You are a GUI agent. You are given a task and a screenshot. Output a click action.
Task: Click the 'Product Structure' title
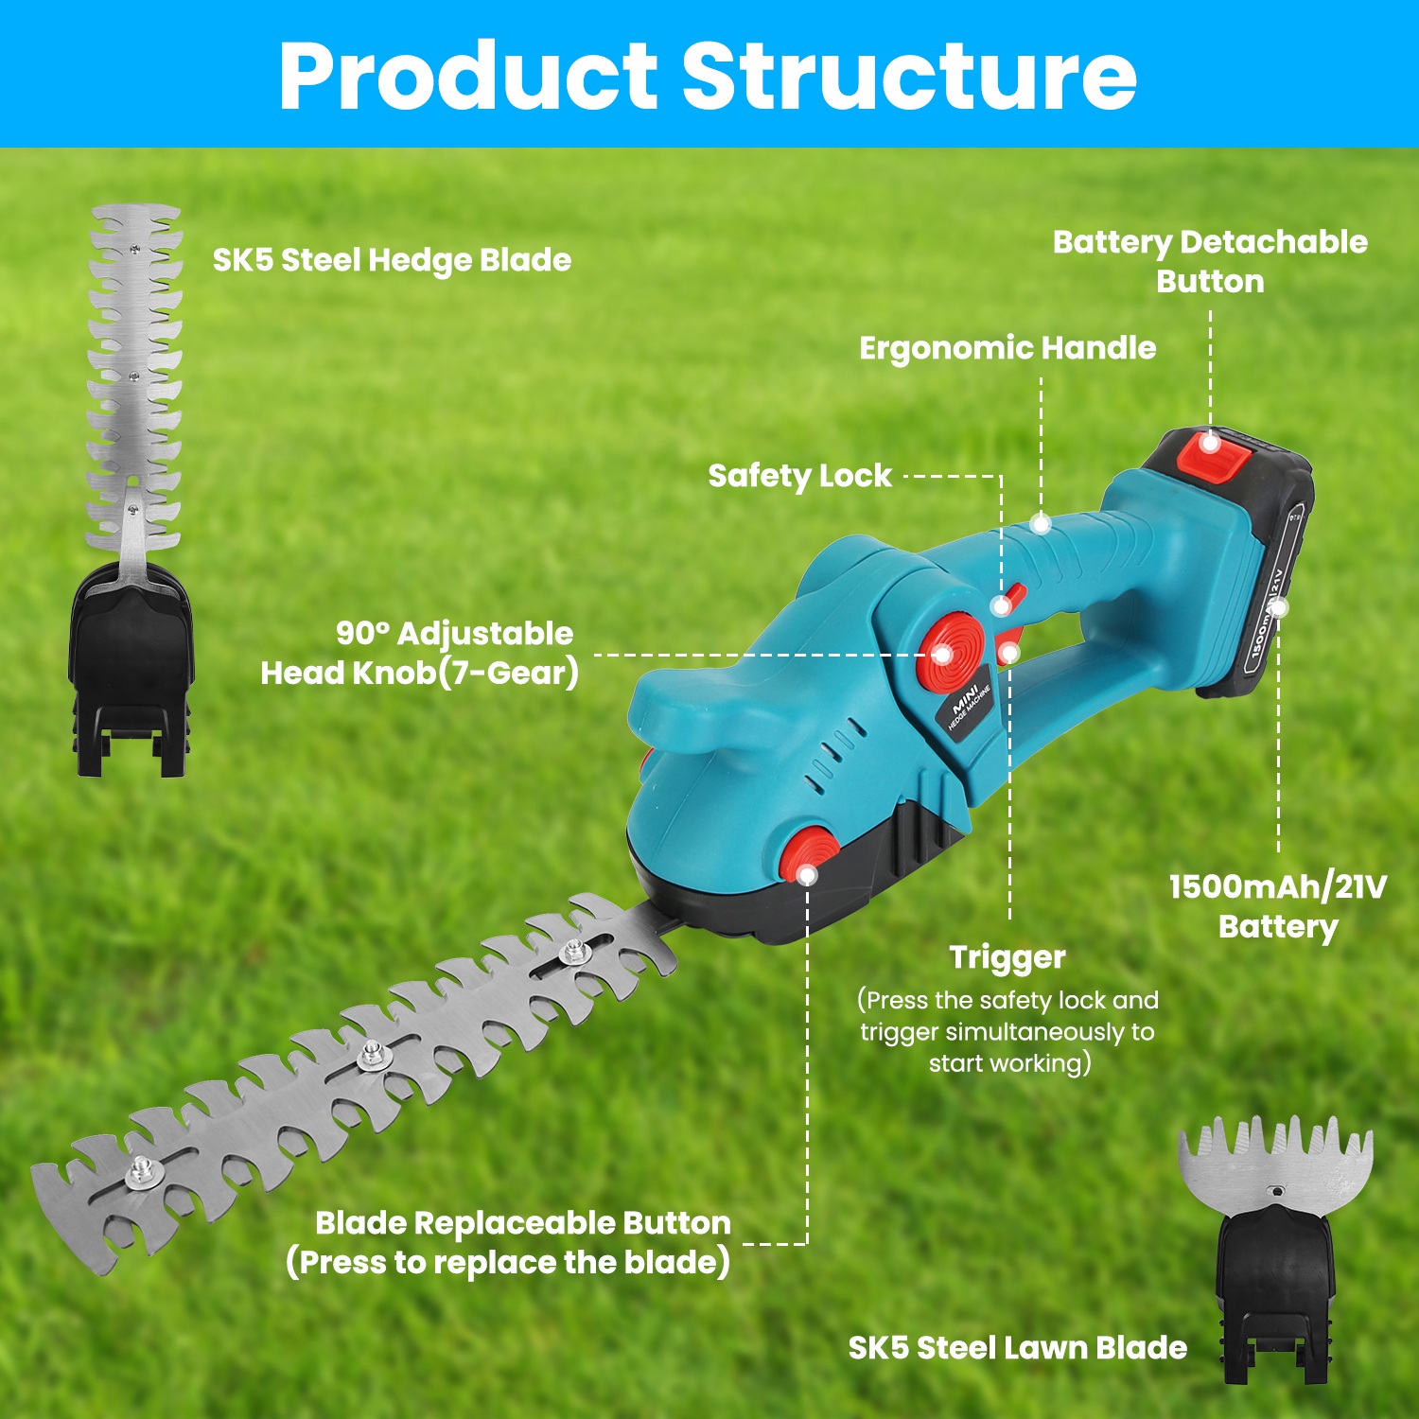tap(708, 76)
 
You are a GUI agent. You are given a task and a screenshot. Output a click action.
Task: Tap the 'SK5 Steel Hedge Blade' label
tap(392, 260)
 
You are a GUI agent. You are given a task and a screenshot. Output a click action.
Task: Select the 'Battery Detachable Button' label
tap(1210, 261)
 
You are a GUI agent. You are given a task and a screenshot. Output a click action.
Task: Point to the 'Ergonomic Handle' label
tap(1007, 348)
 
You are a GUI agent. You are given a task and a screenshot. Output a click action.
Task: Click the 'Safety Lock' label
tap(799, 475)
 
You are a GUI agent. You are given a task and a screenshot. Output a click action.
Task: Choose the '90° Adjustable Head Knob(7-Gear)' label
tap(419, 653)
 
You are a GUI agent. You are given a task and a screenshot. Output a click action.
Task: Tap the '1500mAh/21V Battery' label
tap(1277, 905)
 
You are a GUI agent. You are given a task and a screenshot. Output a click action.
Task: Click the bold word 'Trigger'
tap(1007, 956)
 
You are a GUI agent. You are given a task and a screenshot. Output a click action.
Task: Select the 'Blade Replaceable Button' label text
tap(522, 1223)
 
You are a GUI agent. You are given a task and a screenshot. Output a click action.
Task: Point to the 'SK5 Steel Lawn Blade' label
tap(1017, 1347)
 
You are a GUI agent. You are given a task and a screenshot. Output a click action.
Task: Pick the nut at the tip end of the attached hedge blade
tap(143, 1172)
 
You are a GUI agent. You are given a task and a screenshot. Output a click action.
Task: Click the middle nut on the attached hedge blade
tap(372, 1053)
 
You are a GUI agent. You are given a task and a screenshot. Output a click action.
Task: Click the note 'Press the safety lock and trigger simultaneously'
tap(1008, 1031)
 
